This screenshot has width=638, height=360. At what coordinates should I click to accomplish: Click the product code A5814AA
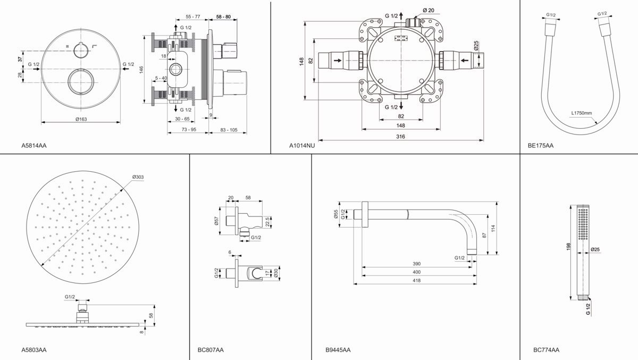33,145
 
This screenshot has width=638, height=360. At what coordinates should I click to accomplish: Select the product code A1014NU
302,145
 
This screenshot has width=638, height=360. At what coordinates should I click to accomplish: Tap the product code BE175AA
541,145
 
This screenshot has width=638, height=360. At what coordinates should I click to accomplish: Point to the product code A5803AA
33,349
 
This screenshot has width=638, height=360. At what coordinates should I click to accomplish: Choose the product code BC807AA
211,349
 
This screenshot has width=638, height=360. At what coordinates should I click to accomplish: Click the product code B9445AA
338,349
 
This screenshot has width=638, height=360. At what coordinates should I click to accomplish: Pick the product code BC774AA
546,349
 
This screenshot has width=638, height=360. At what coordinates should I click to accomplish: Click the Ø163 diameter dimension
81,119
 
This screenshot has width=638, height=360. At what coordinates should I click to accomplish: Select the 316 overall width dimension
401,137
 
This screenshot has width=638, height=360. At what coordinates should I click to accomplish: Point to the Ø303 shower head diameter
138,177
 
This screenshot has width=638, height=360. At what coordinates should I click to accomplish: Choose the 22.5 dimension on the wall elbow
267,220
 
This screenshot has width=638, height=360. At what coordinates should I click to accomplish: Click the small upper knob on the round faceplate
81,51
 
